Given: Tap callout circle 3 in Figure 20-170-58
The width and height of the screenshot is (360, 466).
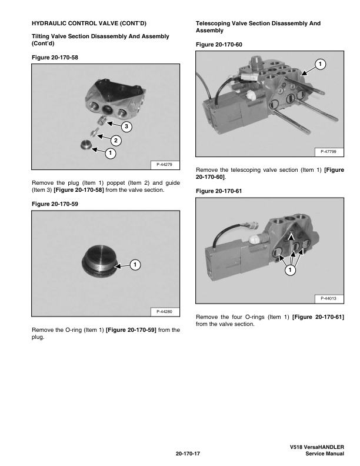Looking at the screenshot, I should [126, 127].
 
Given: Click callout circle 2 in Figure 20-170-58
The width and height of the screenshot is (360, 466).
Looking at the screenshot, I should [116, 140].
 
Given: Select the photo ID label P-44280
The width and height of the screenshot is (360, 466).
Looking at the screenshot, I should [165, 311].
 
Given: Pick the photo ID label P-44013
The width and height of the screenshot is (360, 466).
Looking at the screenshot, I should [329, 299].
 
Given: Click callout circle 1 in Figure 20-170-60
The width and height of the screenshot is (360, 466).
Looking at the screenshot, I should [320, 64].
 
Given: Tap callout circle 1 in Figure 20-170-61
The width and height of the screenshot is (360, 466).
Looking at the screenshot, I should [289, 271].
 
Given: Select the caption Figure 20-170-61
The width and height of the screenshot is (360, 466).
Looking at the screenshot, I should [219, 191].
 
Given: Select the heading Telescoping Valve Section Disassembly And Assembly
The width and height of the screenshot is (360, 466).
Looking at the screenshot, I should [258, 26].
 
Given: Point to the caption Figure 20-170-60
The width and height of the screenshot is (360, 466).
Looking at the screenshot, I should [219, 45].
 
